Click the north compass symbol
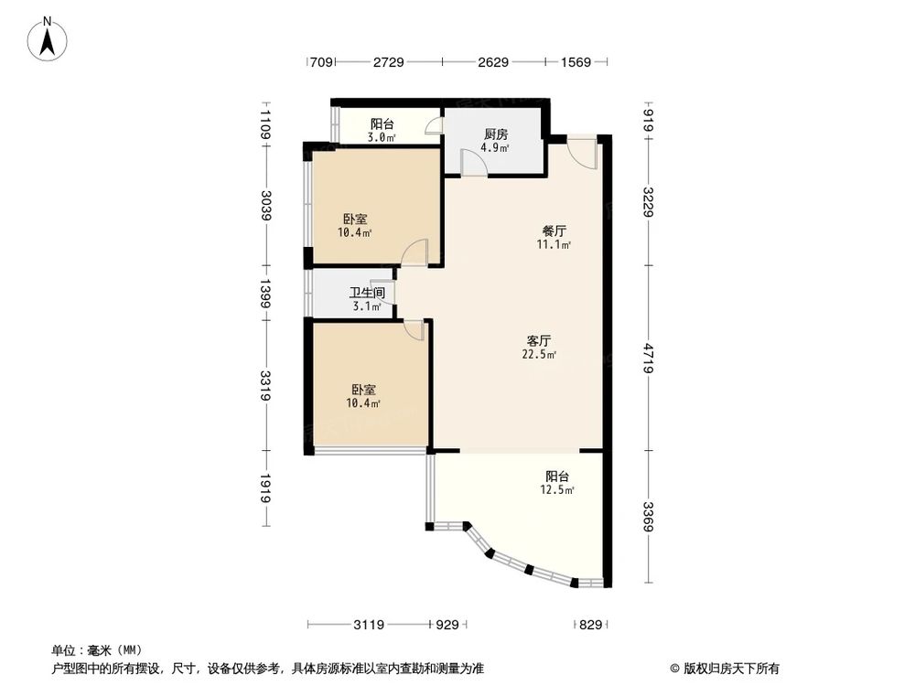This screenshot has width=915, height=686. coord(49,40)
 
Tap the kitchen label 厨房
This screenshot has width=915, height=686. coord(497,134)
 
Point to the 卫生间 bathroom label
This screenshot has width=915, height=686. coord(367,294)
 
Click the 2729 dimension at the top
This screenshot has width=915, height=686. coord(388,62)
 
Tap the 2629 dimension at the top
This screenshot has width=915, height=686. coord(492,62)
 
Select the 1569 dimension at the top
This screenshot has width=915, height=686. coord(576,62)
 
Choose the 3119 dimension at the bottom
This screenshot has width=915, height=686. coord(369,625)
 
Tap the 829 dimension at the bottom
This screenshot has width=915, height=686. coord(591,625)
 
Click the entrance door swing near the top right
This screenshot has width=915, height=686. coord(583,153)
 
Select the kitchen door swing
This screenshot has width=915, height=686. coord(474,163)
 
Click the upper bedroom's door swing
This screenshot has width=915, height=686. coord(414,252)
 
